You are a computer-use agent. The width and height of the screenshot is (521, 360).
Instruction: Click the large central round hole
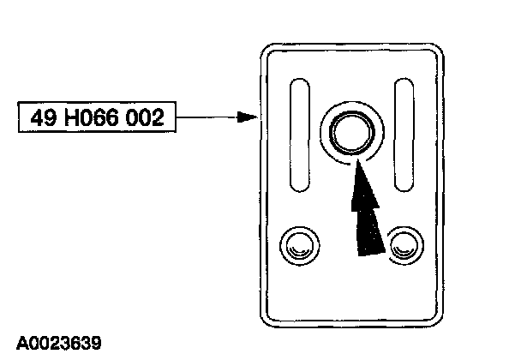(350, 132)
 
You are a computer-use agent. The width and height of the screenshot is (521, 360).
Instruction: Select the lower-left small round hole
(299, 245)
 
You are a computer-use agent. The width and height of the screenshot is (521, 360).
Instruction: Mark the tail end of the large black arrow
(369, 249)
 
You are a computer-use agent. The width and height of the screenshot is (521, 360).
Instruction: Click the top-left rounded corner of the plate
(266, 51)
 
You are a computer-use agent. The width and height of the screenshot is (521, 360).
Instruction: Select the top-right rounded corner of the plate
(438, 51)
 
